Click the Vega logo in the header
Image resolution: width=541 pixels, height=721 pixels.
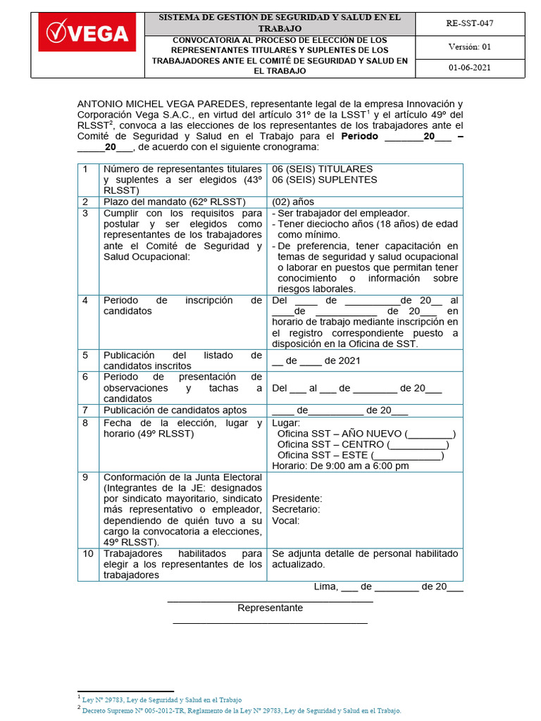click(x=88, y=34)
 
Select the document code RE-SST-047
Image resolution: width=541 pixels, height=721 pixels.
click(x=470, y=23)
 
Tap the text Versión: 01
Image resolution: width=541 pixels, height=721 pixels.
click(x=470, y=46)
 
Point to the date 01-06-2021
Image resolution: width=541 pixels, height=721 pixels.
click(x=470, y=68)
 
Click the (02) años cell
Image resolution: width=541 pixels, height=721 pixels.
click(x=293, y=201)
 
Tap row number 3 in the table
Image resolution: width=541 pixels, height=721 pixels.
click(x=85, y=213)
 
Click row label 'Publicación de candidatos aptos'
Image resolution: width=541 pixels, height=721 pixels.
click(x=175, y=410)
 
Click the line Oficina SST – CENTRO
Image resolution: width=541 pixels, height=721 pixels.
click(x=363, y=444)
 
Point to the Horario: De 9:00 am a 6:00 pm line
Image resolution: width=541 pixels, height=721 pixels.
click(x=340, y=466)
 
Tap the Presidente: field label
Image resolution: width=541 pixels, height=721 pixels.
click(x=297, y=499)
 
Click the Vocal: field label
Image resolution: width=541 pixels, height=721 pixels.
click(x=285, y=520)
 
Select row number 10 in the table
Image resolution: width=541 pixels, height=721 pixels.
click(x=88, y=553)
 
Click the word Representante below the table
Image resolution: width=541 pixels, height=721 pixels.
click(x=270, y=608)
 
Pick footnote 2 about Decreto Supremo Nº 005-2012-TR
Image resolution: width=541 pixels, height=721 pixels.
click(x=241, y=711)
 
